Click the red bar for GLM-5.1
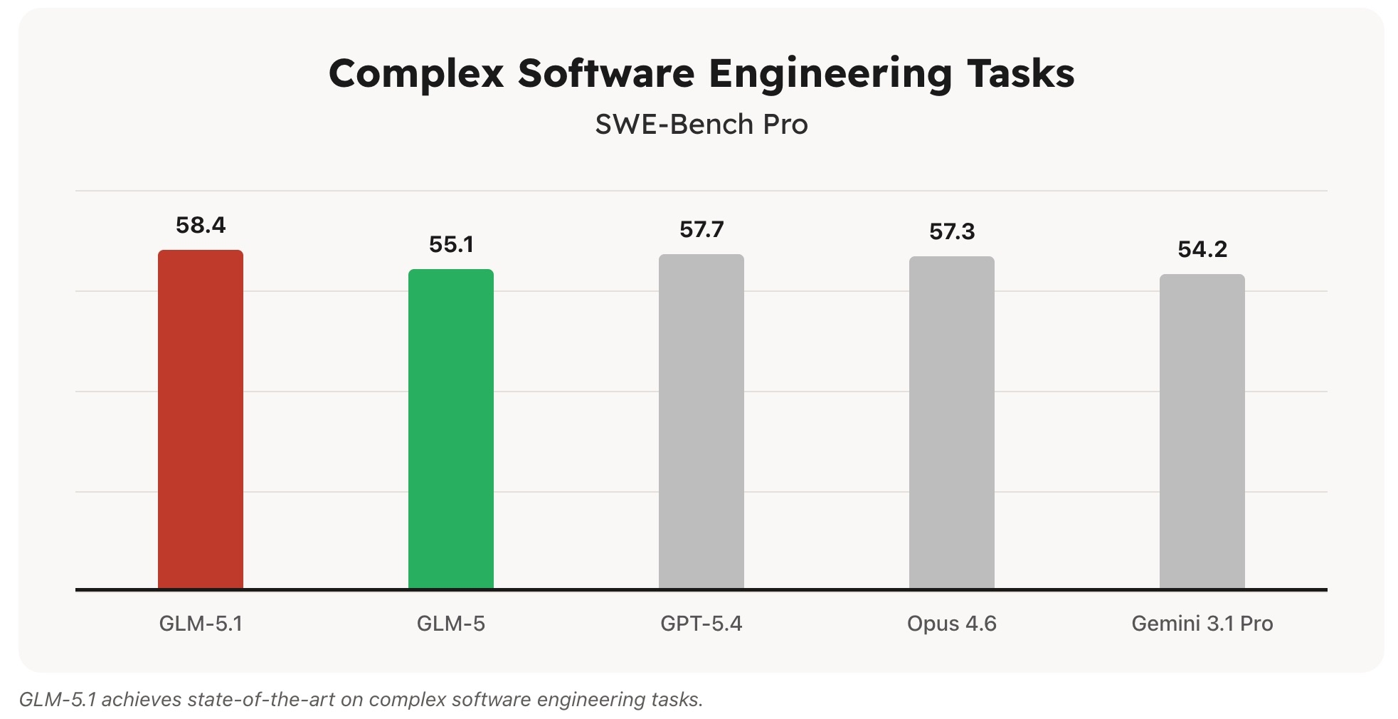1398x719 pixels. (x=200, y=420)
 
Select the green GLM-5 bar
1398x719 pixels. (x=450, y=429)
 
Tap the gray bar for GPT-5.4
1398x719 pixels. (x=701, y=422)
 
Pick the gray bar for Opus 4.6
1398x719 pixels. (x=951, y=424)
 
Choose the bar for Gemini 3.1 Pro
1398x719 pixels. (x=1202, y=432)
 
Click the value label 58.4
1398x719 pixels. (x=200, y=226)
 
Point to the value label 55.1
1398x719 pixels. (x=450, y=245)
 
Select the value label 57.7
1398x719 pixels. (x=701, y=230)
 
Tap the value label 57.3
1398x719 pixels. (x=951, y=232)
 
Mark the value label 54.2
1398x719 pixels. (x=1202, y=250)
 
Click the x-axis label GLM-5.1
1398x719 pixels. (x=200, y=624)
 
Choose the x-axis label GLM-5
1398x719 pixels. (x=450, y=624)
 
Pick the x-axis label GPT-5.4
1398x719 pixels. (x=701, y=624)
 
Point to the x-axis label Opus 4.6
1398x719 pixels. (x=951, y=624)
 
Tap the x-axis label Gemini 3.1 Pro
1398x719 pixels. (x=1202, y=624)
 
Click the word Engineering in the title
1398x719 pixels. (x=830, y=74)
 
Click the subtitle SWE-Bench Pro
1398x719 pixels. (x=701, y=125)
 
